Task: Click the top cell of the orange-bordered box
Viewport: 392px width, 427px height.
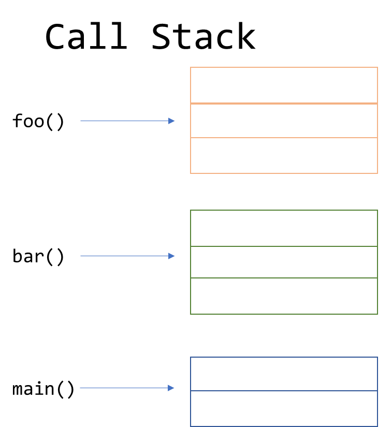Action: [284, 85]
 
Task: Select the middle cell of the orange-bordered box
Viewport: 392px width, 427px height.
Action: [284, 121]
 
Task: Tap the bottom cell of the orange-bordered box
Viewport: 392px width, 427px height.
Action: [284, 155]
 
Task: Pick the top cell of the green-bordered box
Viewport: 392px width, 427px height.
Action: [284, 228]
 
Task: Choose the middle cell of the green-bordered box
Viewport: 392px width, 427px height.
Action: [284, 262]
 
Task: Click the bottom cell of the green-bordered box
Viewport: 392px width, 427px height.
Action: [284, 296]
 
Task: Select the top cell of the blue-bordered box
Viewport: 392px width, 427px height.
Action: [284, 374]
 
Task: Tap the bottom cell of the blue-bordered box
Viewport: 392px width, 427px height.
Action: [284, 408]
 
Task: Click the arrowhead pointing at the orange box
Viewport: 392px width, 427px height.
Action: [172, 121]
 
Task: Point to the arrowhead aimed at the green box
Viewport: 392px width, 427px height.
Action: [172, 256]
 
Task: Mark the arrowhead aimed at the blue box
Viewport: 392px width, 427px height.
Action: [171, 388]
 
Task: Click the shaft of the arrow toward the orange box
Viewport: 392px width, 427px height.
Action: [124, 121]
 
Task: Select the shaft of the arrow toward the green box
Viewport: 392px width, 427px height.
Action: [124, 256]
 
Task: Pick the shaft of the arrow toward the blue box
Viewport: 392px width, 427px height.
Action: [124, 388]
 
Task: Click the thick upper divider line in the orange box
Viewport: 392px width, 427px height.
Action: [284, 104]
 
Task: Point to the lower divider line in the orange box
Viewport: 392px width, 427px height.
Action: [284, 138]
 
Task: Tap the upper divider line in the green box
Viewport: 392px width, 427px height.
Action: [284, 246]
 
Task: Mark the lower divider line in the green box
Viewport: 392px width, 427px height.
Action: [284, 278]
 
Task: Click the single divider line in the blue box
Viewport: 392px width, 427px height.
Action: [284, 391]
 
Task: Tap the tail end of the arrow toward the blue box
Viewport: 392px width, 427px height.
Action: [81, 388]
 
